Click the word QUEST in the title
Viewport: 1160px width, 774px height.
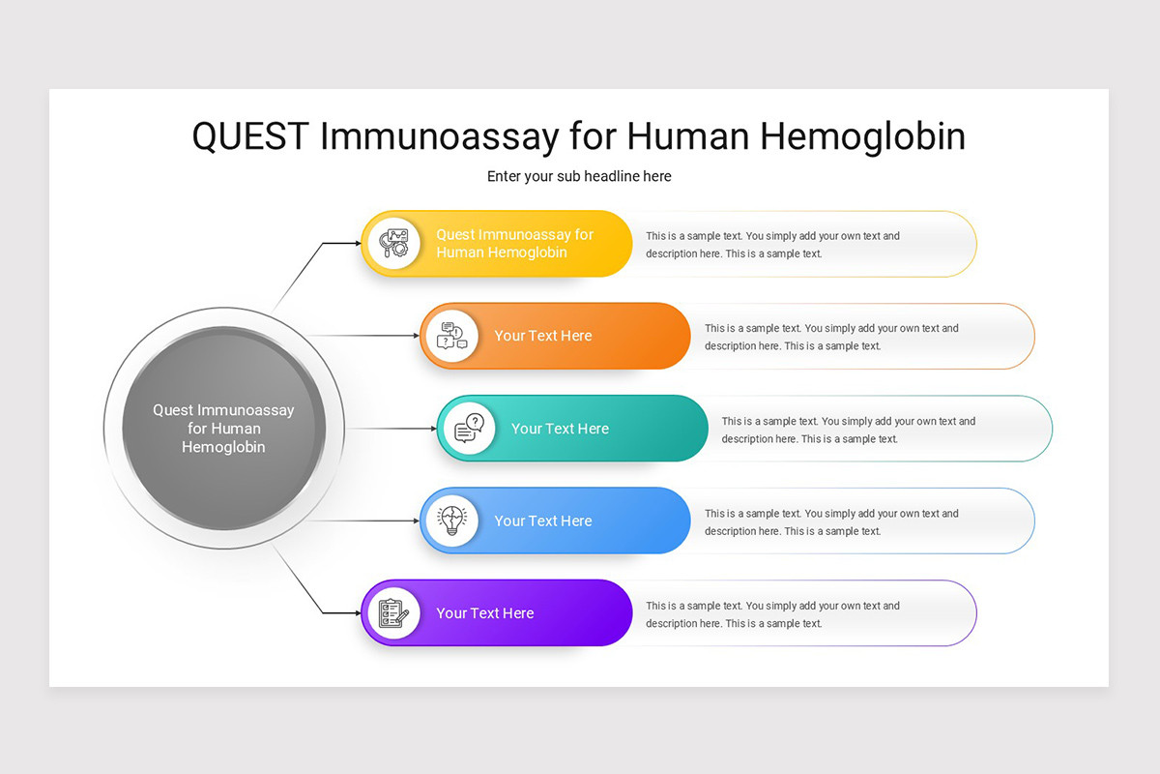(x=250, y=136)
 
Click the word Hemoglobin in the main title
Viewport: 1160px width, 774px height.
(x=862, y=136)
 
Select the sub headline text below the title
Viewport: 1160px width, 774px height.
(x=579, y=176)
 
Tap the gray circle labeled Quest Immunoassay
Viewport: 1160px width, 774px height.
(x=223, y=429)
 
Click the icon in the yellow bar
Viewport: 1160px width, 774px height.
(x=394, y=244)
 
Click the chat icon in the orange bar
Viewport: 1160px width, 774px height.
(x=452, y=336)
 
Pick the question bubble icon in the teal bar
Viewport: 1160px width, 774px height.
(x=469, y=429)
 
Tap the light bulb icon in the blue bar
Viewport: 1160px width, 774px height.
(x=452, y=521)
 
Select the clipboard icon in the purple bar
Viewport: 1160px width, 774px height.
(x=393, y=613)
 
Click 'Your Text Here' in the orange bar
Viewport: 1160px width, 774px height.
(x=543, y=336)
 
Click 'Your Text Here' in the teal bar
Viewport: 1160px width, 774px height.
(x=560, y=429)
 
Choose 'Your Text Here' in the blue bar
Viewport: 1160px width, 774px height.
(x=543, y=521)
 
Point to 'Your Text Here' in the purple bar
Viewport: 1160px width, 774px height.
(x=484, y=613)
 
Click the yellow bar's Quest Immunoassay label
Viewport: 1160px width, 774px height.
(x=514, y=244)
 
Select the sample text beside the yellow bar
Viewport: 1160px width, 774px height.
(x=772, y=245)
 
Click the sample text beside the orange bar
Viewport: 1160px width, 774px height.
(x=831, y=337)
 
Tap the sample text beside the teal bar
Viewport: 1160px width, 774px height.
(x=848, y=430)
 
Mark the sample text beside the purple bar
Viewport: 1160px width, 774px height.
(x=772, y=614)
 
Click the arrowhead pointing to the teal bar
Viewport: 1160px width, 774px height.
(x=433, y=429)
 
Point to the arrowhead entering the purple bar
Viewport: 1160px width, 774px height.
(x=357, y=613)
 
